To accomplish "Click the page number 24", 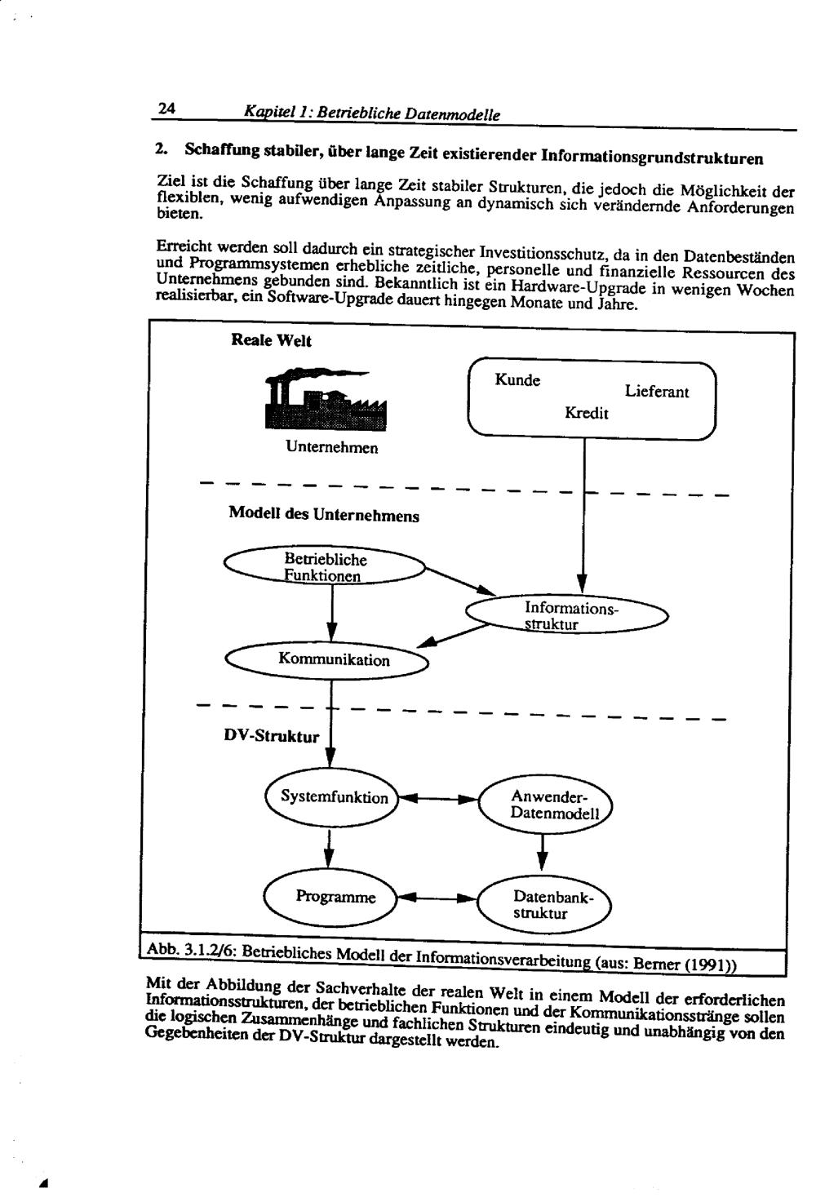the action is tap(166, 109).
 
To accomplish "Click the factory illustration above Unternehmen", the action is tap(326, 398).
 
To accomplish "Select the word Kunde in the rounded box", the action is tap(517, 380).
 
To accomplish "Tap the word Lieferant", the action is tap(656, 392).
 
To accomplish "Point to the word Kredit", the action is tap(587, 413).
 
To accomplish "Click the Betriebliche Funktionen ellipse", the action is tap(325, 566).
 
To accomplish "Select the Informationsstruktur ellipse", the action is tap(567, 615).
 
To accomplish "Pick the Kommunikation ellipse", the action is tap(326, 660).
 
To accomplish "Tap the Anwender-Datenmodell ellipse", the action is tap(545, 805).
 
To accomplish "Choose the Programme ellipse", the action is tap(330, 897).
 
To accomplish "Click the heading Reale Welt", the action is tap(271, 341).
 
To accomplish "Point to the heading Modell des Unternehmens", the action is tap(323, 514).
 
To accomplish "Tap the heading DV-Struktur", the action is tap(272, 736).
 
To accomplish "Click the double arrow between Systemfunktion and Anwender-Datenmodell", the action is tap(439, 799).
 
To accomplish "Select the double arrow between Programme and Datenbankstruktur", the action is tap(437, 898).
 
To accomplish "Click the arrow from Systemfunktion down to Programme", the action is tap(330, 849).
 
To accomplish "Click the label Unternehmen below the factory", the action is tap(331, 447).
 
